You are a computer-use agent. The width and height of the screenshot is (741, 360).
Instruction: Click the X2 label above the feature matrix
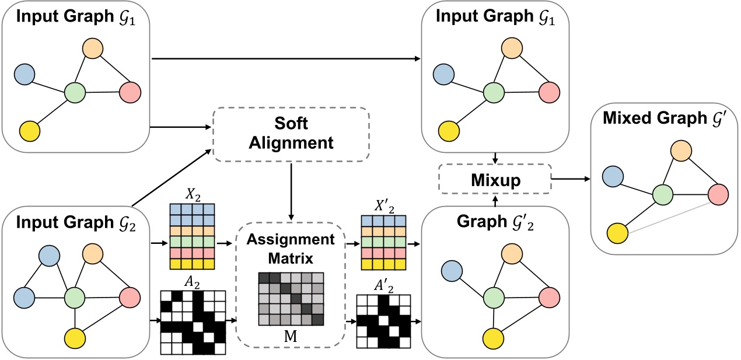(193, 195)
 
